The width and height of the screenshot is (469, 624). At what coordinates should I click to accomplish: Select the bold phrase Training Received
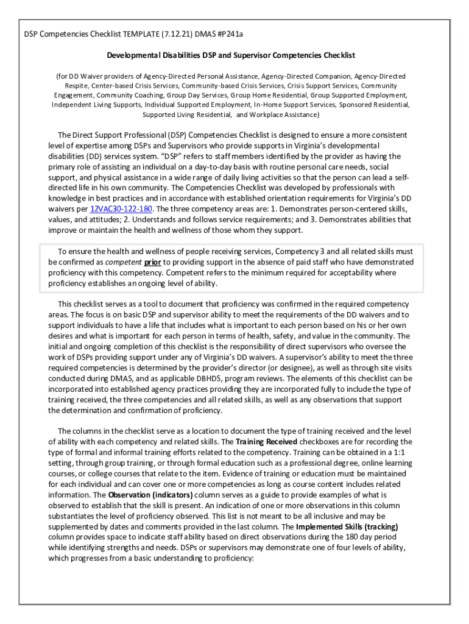point(266,441)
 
